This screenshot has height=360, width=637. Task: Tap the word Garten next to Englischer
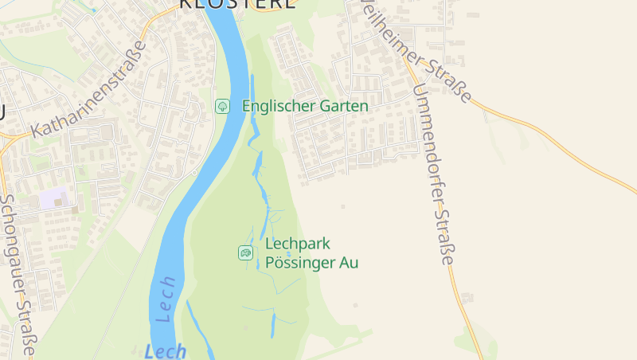click(x=340, y=106)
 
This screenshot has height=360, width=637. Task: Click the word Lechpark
click(x=297, y=244)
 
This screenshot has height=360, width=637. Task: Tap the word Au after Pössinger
click(x=349, y=262)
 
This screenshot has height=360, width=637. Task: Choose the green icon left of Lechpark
click(x=246, y=252)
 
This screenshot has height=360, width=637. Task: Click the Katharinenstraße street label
click(x=90, y=89)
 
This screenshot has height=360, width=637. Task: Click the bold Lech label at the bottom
click(x=166, y=350)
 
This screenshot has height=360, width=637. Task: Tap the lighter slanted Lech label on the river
click(x=166, y=299)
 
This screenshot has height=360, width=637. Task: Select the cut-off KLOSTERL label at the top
click(x=237, y=4)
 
